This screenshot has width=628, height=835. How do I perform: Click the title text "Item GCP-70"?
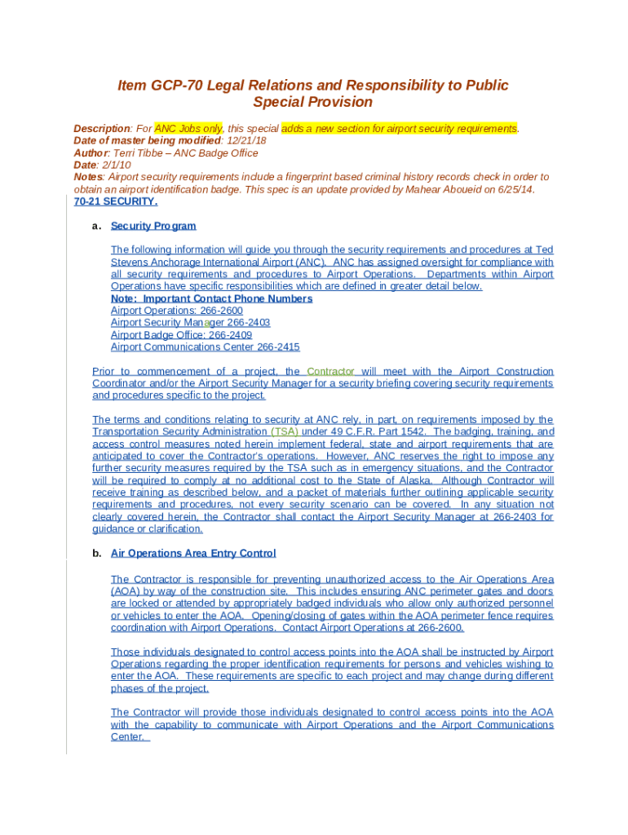[x=158, y=86]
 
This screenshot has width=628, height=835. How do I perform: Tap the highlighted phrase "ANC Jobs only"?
[x=188, y=129]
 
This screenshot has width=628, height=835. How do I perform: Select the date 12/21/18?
[x=245, y=140]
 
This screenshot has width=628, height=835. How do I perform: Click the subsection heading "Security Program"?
[x=153, y=226]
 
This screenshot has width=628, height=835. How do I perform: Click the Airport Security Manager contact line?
[x=190, y=323]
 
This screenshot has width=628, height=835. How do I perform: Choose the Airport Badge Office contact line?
[x=181, y=335]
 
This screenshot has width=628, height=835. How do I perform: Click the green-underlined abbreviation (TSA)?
[x=284, y=431]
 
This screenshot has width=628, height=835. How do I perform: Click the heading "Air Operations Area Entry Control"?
[x=193, y=554]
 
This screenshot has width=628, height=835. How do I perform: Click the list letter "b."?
[x=96, y=554]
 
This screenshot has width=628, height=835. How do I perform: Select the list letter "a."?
[x=96, y=226]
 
